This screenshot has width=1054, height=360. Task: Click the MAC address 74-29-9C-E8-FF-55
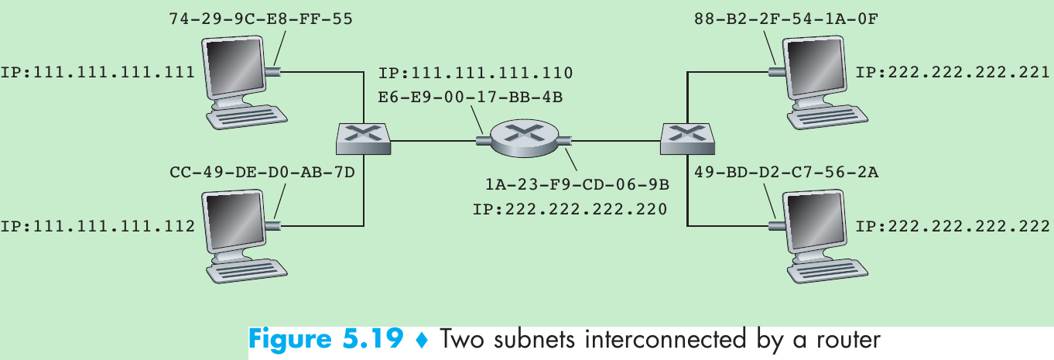(261, 18)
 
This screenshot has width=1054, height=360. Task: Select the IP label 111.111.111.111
(98, 73)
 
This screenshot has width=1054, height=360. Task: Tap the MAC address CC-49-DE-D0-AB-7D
(261, 172)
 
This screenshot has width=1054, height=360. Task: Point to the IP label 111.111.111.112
(98, 227)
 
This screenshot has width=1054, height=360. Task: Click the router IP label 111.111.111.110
(475, 74)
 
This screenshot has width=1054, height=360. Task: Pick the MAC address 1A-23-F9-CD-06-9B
(577, 186)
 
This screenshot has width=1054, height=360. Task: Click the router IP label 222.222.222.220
(570, 209)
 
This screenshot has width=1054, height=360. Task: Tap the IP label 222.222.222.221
(953, 73)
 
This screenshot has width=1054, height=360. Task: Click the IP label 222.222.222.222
(953, 227)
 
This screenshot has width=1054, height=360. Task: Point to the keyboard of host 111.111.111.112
(244, 272)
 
